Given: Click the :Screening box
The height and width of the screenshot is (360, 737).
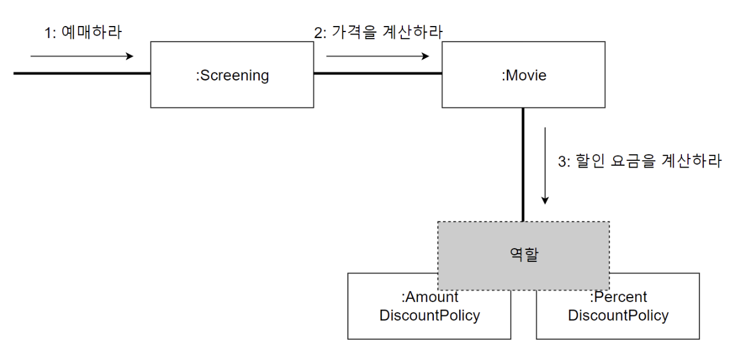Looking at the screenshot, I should [x=232, y=74].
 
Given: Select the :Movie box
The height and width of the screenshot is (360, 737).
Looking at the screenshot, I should [x=523, y=74].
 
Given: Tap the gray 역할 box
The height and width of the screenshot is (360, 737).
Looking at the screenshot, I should [x=523, y=255].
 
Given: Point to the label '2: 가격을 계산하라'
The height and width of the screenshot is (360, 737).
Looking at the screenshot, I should [x=378, y=32].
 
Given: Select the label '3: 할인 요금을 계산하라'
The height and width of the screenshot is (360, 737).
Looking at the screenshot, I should [x=640, y=162].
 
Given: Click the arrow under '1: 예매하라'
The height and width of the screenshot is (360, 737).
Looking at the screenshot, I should [x=82, y=56].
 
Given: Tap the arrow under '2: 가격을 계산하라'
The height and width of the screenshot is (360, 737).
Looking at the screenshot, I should [x=378, y=56].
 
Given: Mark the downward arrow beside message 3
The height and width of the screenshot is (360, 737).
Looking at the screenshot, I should [x=545, y=165].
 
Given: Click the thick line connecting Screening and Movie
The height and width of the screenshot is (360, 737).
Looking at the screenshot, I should [x=378, y=74].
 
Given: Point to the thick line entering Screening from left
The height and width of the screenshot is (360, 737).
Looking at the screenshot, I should [x=82, y=73].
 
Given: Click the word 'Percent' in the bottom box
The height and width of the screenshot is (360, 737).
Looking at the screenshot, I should [x=620, y=297].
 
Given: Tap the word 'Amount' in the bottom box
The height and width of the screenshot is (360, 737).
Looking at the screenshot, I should [x=431, y=297].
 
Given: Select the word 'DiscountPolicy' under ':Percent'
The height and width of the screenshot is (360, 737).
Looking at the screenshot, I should [x=618, y=315].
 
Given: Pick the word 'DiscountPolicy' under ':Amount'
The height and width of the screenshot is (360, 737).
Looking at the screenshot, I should [x=430, y=315].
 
